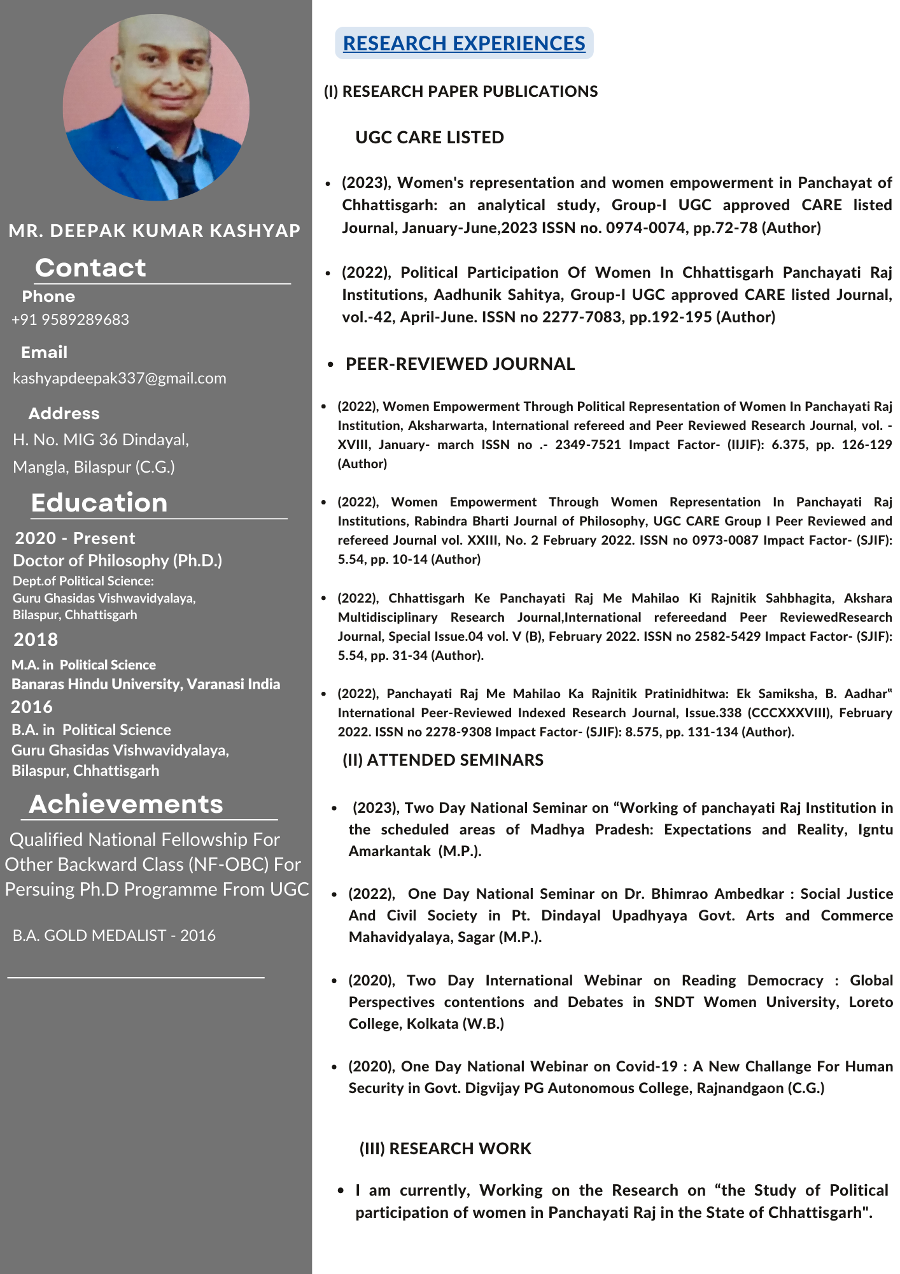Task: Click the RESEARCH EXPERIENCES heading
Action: [x=464, y=43]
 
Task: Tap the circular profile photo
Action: [x=156, y=107]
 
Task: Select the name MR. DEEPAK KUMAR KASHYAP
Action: [x=155, y=231]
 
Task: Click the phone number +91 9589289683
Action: [x=71, y=320]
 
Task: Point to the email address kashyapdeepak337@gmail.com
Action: [x=120, y=378]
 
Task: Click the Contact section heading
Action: [x=90, y=268]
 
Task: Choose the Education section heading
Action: [x=99, y=503]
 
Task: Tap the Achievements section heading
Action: [x=126, y=805]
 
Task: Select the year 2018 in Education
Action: [x=36, y=640]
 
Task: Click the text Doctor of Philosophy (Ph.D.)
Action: [x=118, y=561]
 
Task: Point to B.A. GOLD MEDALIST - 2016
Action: [x=114, y=936]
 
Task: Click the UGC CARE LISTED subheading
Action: [x=430, y=138]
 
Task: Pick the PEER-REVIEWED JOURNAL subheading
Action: [x=460, y=364]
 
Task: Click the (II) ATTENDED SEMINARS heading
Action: [x=443, y=760]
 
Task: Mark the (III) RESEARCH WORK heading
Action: [x=445, y=1149]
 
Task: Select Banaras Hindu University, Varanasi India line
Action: [x=146, y=684]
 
